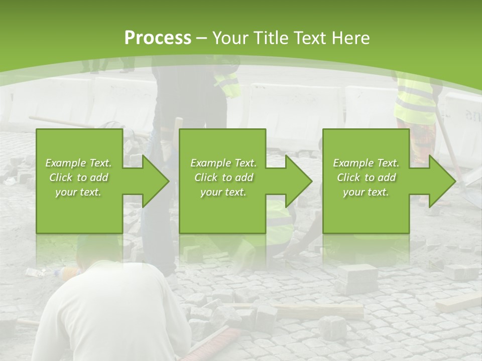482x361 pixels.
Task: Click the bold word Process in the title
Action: [x=158, y=38]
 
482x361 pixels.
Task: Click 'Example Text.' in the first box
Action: [x=78, y=163]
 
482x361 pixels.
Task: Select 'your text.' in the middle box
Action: [x=223, y=192]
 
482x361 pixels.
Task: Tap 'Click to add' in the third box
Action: [x=366, y=177]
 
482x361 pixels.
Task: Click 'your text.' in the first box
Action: [x=78, y=192]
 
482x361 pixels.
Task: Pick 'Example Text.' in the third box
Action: [x=366, y=163]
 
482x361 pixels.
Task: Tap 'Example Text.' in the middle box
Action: [x=223, y=163]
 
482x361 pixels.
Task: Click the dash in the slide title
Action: [x=202, y=38]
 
